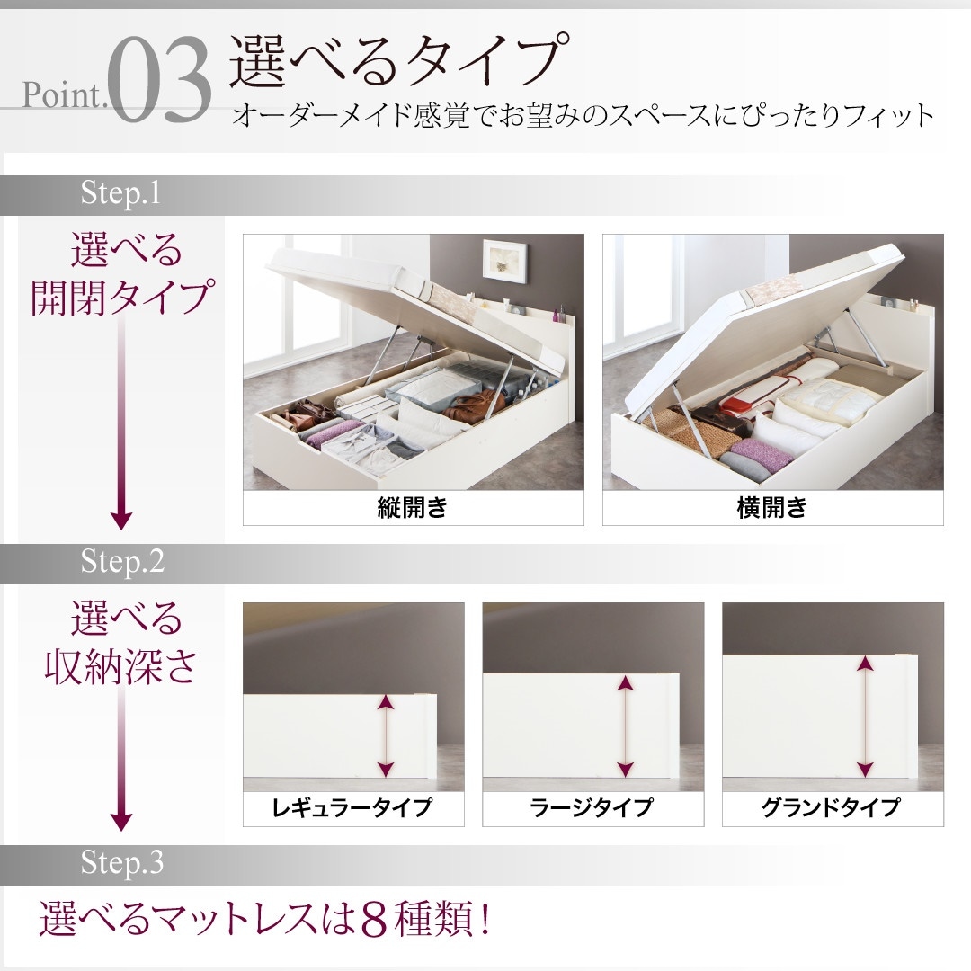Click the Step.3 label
coord(122,863)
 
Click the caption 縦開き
coord(413,508)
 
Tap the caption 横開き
coord(772,508)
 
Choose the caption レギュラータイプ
coord(352,807)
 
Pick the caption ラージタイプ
coord(592,807)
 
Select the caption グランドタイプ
coord(832,807)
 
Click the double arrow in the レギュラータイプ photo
coord(386,735)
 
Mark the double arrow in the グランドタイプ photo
coord(865,716)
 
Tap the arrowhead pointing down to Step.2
coord(120,520)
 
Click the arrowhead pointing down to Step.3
coord(120,821)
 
